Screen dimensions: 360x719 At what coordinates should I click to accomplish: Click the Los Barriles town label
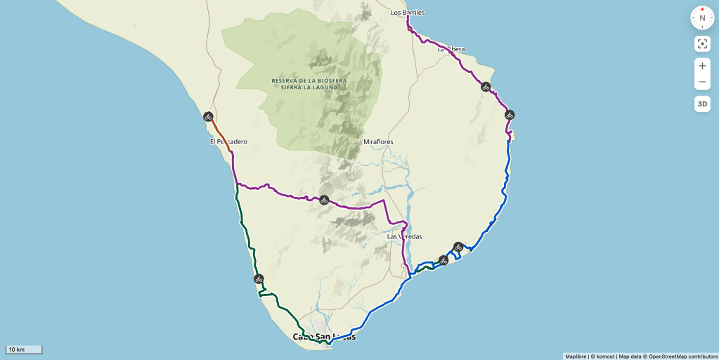point(408,13)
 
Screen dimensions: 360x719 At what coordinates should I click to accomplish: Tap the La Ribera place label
point(451,49)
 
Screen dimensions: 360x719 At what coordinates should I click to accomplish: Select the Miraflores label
point(378,142)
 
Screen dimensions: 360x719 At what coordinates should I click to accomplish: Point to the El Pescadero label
point(228,141)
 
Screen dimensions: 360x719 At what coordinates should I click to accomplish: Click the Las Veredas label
point(405,237)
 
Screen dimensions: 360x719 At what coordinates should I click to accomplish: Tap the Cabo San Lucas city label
point(324,337)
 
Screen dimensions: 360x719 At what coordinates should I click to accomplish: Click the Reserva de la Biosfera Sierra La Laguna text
point(309,84)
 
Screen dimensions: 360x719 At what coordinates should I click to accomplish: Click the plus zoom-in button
point(702,66)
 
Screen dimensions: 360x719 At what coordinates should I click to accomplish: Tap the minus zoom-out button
point(702,82)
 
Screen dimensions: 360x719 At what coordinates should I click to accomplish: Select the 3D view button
point(702,104)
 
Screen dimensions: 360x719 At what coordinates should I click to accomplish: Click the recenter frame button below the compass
point(702,44)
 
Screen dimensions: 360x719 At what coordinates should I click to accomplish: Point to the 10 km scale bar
point(25,349)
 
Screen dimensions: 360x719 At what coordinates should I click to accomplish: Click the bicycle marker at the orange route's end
point(208,117)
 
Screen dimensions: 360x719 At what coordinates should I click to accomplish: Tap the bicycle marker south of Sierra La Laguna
point(324,200)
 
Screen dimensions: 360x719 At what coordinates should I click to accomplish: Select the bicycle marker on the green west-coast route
point(259,279)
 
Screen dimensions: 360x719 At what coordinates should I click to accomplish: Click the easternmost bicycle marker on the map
point(510,115)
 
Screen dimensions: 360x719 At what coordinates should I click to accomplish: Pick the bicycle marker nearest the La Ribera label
point(486,87)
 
